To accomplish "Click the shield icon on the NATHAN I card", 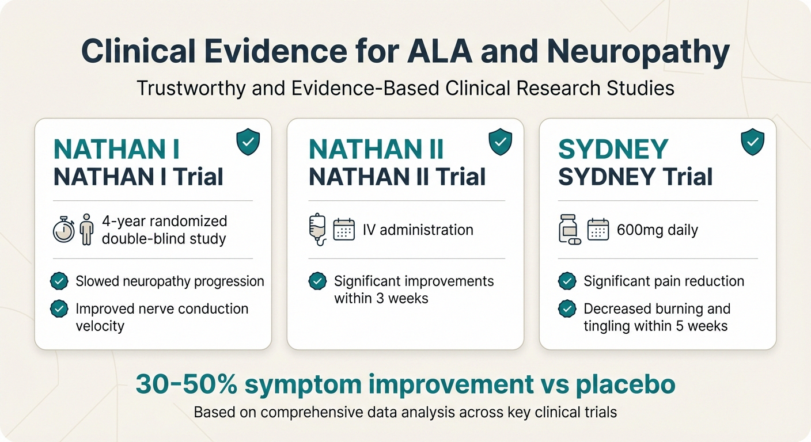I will [x=248, y=142].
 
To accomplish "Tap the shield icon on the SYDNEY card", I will [x=752, y=142].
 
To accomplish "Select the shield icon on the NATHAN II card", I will [x=500, y=142].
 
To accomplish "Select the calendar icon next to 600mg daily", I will [x=597, y=230].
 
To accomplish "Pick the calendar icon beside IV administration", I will [x=344, y=230].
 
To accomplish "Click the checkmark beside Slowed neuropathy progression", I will [x=59, y=281].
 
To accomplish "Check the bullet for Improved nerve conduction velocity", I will [x=59, y=309].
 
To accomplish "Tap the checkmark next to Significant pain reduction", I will [x=567, y=281].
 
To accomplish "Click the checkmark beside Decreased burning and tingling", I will [x=567, y=309].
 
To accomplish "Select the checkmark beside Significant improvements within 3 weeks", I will [x=317, y=281].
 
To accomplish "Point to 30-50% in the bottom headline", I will [x=176, y=384].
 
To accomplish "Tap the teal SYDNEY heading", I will [x=613, y=150].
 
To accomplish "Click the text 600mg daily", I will [x=657, y=231].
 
